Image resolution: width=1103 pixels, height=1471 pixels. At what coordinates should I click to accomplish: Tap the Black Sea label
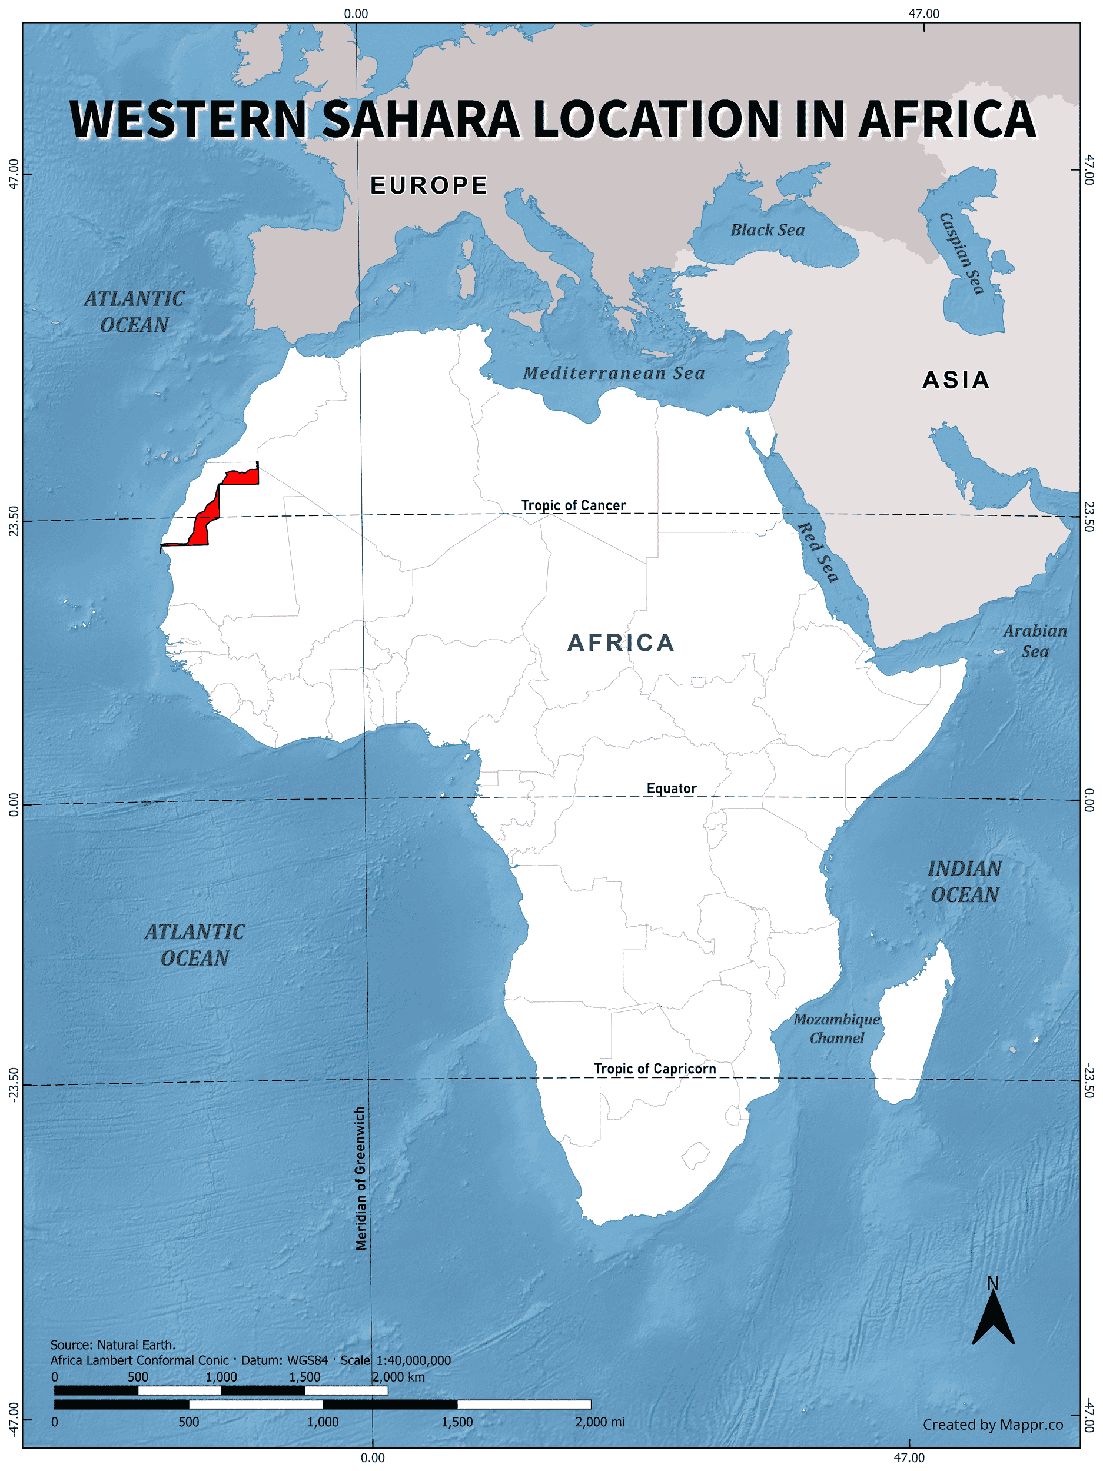767,230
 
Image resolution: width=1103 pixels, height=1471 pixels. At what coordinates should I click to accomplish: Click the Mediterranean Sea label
613,373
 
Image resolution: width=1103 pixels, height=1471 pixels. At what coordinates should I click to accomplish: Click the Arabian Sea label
1035,641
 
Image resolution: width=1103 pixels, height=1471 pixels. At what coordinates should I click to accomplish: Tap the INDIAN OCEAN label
964,881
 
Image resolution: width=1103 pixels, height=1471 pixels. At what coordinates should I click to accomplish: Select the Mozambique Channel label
836,1029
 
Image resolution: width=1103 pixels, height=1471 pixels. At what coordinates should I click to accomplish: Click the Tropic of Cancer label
573,505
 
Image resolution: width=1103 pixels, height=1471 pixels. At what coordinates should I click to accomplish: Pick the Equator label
671,788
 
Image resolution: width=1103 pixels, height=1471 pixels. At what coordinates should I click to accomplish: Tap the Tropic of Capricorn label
655,1069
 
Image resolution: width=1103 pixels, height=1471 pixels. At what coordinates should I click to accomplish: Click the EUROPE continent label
429,185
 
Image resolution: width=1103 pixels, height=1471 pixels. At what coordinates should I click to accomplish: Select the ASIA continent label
955,380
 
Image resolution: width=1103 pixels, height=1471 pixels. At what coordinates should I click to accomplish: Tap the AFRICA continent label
621,643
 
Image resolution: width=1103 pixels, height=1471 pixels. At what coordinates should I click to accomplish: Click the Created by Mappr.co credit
992,1425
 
